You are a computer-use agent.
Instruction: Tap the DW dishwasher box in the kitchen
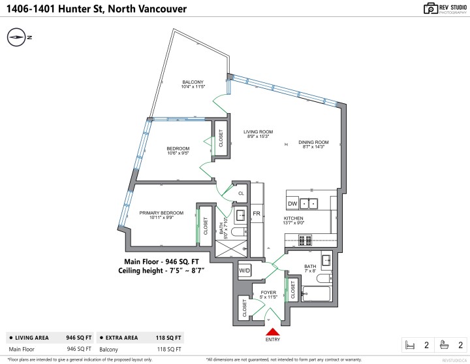[292, 203]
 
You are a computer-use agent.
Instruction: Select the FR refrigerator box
[257, 214]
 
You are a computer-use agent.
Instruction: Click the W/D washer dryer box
[245, 270]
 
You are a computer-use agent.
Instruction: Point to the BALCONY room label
[193, 82]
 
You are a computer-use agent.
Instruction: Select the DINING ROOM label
[313, 142]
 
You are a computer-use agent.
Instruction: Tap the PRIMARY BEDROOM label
[161, 213]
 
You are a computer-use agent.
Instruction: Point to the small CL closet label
[241, 193]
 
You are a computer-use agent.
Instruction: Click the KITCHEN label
[294, 219]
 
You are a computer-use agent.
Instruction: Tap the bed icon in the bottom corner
[411, 344]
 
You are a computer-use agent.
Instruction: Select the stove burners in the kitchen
[305, 240]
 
